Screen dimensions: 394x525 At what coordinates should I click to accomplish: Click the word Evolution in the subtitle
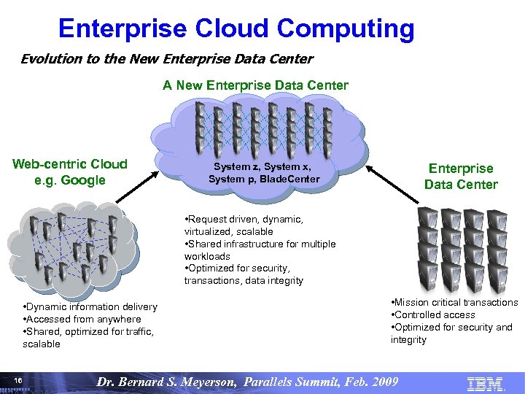pos(51,59)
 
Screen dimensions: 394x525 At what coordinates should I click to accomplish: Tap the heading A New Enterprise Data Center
pos(255,85)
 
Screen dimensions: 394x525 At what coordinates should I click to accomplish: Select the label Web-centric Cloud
pos(70,164)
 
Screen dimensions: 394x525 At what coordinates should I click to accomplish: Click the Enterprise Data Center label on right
pos(461,177)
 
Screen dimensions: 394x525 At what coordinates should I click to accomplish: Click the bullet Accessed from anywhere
pos(82,319)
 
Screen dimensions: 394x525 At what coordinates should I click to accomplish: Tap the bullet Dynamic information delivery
pos(90,306)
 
